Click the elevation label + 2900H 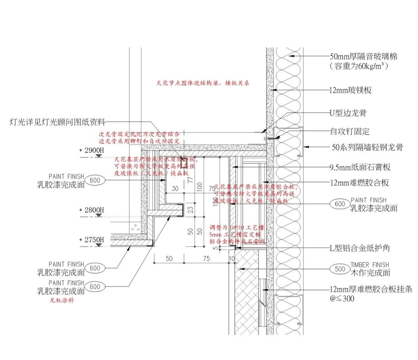pos(92,150)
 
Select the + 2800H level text pos(92,210)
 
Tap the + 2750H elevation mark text pos(92,240)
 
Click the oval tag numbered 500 pos(340,269)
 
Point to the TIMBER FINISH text pos(370,265)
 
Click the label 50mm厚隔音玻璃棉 pos(363,56)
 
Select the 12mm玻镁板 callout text pos(350,90)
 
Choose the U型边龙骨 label pos(348,113)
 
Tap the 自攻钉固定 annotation pos(350,132)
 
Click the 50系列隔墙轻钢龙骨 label pos(367,147)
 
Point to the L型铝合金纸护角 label pos(359,248)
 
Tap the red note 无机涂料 pos(62,300)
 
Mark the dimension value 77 pos(190,180)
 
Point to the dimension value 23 pos(190,210)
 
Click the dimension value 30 pos(175,188)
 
